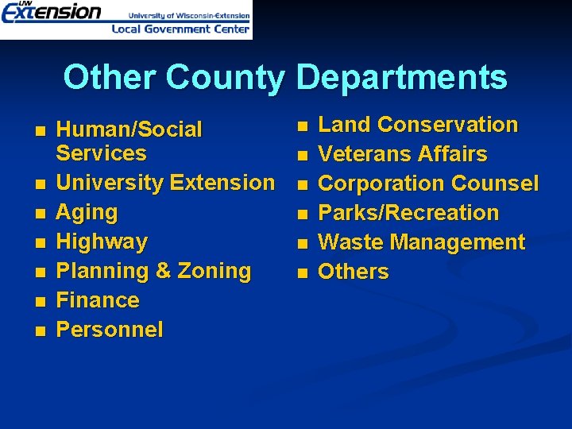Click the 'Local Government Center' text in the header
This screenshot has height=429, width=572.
click(x=180, y=29)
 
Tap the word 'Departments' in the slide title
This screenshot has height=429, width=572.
click(x=401, y=78)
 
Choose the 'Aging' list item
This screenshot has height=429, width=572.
click(x=87, y=212)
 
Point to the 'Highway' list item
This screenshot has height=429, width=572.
click(x=102, y=242)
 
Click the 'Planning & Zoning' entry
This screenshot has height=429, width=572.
click(x=154, y=271)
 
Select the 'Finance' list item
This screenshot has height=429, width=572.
click(x=99, y=300)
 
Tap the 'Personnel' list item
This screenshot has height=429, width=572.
click(x=110, y=330)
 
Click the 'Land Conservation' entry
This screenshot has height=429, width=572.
click(x=418, y=125)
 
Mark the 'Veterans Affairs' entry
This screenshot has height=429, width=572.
click(x=403, y=154)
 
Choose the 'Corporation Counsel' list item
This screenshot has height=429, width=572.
click(x=428, y=184)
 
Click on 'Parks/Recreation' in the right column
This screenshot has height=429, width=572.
click(x=408, y=213)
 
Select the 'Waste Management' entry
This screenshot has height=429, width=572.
click(x=422, y=242)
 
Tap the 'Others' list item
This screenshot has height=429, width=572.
click(x=354, y=272)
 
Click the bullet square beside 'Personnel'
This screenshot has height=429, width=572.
click(x=41, y=330)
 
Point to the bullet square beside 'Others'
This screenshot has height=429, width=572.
click(x=301, y=273)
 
